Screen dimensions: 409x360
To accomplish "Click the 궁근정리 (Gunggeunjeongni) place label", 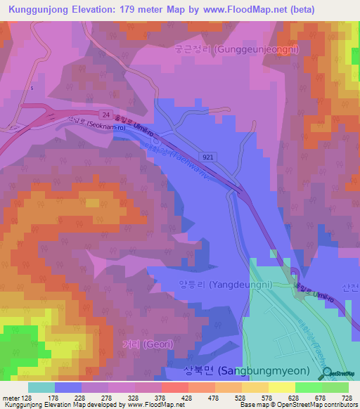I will pos(236,50).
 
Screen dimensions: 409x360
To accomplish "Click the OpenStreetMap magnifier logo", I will pos(326,375).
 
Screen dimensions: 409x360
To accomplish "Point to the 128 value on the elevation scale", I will pos(26,398).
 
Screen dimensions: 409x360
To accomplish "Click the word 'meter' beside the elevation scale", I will pos(10,398).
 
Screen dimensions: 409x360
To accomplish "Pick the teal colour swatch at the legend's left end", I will pos(41,387).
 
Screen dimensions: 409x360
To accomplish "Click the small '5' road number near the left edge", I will pos(32,88).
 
